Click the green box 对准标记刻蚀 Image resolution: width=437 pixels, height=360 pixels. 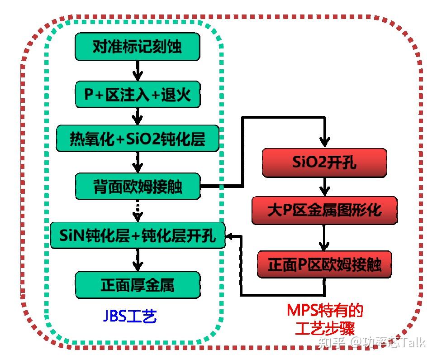point(138,47)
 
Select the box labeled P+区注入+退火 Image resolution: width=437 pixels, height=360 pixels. point(138,95)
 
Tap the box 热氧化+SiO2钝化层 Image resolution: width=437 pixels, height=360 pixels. point(138,139)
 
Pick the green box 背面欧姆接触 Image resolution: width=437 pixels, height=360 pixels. point(138,186)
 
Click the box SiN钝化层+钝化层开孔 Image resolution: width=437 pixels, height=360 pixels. point(138,235)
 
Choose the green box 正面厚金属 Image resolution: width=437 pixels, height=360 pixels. point(138,285)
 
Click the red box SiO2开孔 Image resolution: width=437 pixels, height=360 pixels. point(324,163)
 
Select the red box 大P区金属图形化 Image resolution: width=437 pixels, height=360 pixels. point(324,210)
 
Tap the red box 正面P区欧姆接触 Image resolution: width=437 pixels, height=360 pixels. point(324,264)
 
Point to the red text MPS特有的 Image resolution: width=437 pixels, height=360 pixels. point(324,311)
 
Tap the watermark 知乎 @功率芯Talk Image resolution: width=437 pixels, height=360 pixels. point(372,342)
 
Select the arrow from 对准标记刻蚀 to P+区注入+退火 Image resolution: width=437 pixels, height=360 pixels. point(138,71)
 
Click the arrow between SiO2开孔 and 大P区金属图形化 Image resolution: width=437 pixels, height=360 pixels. point(324,186)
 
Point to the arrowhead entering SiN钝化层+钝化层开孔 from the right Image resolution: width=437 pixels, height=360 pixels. point(231,236)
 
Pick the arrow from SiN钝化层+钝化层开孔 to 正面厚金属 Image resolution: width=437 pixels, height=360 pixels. point(138,260)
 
